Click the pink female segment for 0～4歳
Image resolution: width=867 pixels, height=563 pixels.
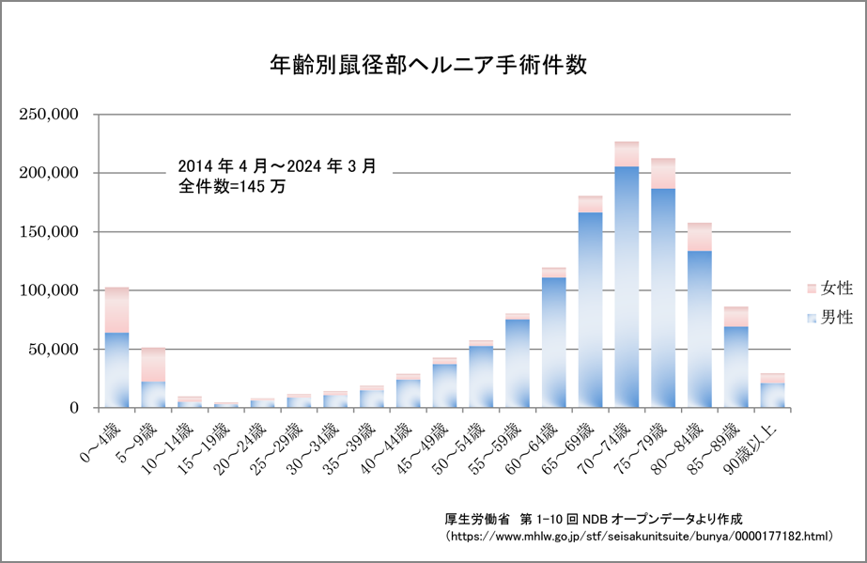(116, 310)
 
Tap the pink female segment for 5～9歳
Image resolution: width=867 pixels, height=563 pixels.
(153, 365)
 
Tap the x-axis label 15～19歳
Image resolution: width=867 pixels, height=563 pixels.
(206, 442)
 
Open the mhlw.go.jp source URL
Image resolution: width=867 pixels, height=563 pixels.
(639, 536)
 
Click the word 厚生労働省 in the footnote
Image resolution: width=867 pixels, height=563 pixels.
(476, 518)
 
